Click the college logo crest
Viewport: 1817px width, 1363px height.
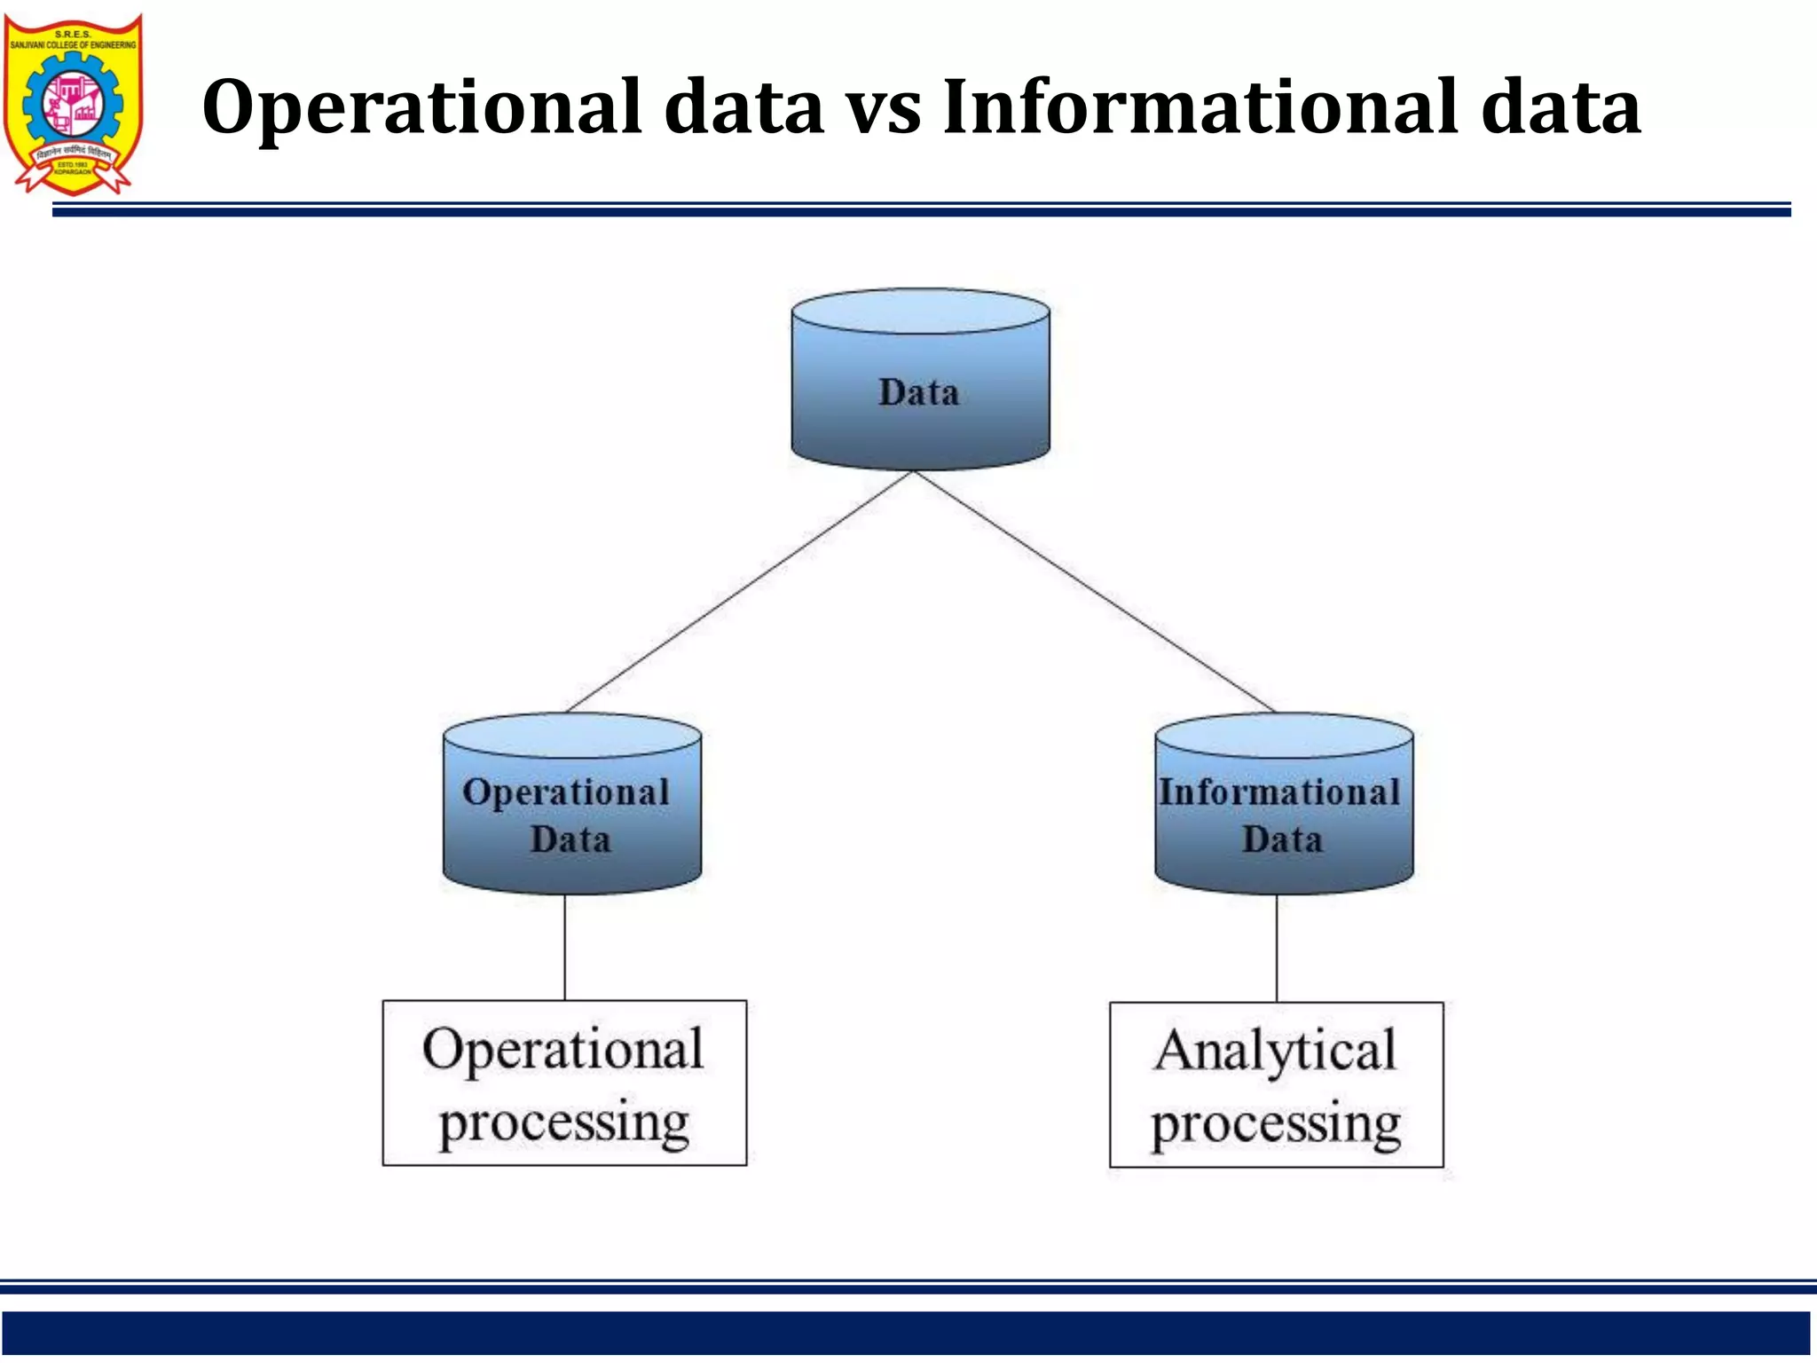click(73, 102)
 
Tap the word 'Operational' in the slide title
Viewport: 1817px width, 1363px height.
click(421, 108)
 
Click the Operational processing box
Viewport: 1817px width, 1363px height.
click(564, 1083)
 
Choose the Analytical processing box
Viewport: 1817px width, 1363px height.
click(1276, 1084)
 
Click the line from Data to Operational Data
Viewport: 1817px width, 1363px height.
click(740, 591)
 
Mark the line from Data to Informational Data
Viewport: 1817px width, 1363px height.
click(1095, 591)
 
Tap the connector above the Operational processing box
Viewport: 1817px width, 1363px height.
click(565, 947)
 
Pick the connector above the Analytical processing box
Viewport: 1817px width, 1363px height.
click(1277, 948)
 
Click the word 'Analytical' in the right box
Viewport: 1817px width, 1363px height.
click(1276, 1052)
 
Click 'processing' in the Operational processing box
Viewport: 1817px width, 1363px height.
click(564, 1123)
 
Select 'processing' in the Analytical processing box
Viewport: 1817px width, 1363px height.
click(1276, 1124)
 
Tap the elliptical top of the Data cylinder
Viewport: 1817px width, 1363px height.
click(920, 311)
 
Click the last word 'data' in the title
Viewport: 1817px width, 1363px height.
click(1561, 108)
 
